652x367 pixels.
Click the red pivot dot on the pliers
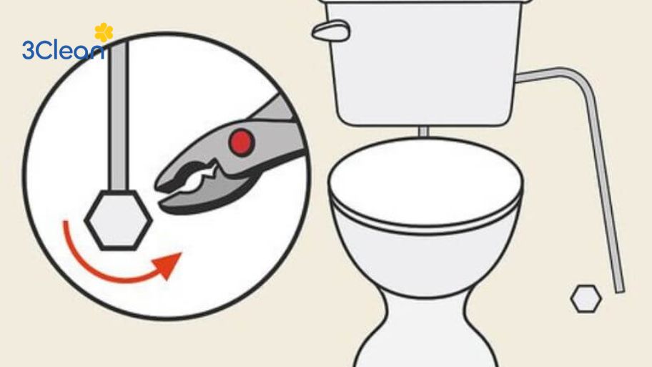click(x=241, y=142)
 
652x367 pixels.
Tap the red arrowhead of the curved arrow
click(x=169, y=265)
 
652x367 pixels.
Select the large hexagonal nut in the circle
click(x=119, y=220)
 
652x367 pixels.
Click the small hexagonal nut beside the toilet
click(x=586, y=299)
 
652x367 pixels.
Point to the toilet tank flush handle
click(x=331, y=31)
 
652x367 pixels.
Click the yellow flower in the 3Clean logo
click(x=104, y=32)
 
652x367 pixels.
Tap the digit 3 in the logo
click(x=29, y=50)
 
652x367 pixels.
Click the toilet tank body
click(x=424, y=62)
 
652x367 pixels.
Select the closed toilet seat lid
click(x=425, y=183)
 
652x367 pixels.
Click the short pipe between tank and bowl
click(x=423, y=132)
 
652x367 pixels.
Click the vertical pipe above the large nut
click(x=118, y=116)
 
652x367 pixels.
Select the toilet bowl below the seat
click(x=425, y=258)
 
